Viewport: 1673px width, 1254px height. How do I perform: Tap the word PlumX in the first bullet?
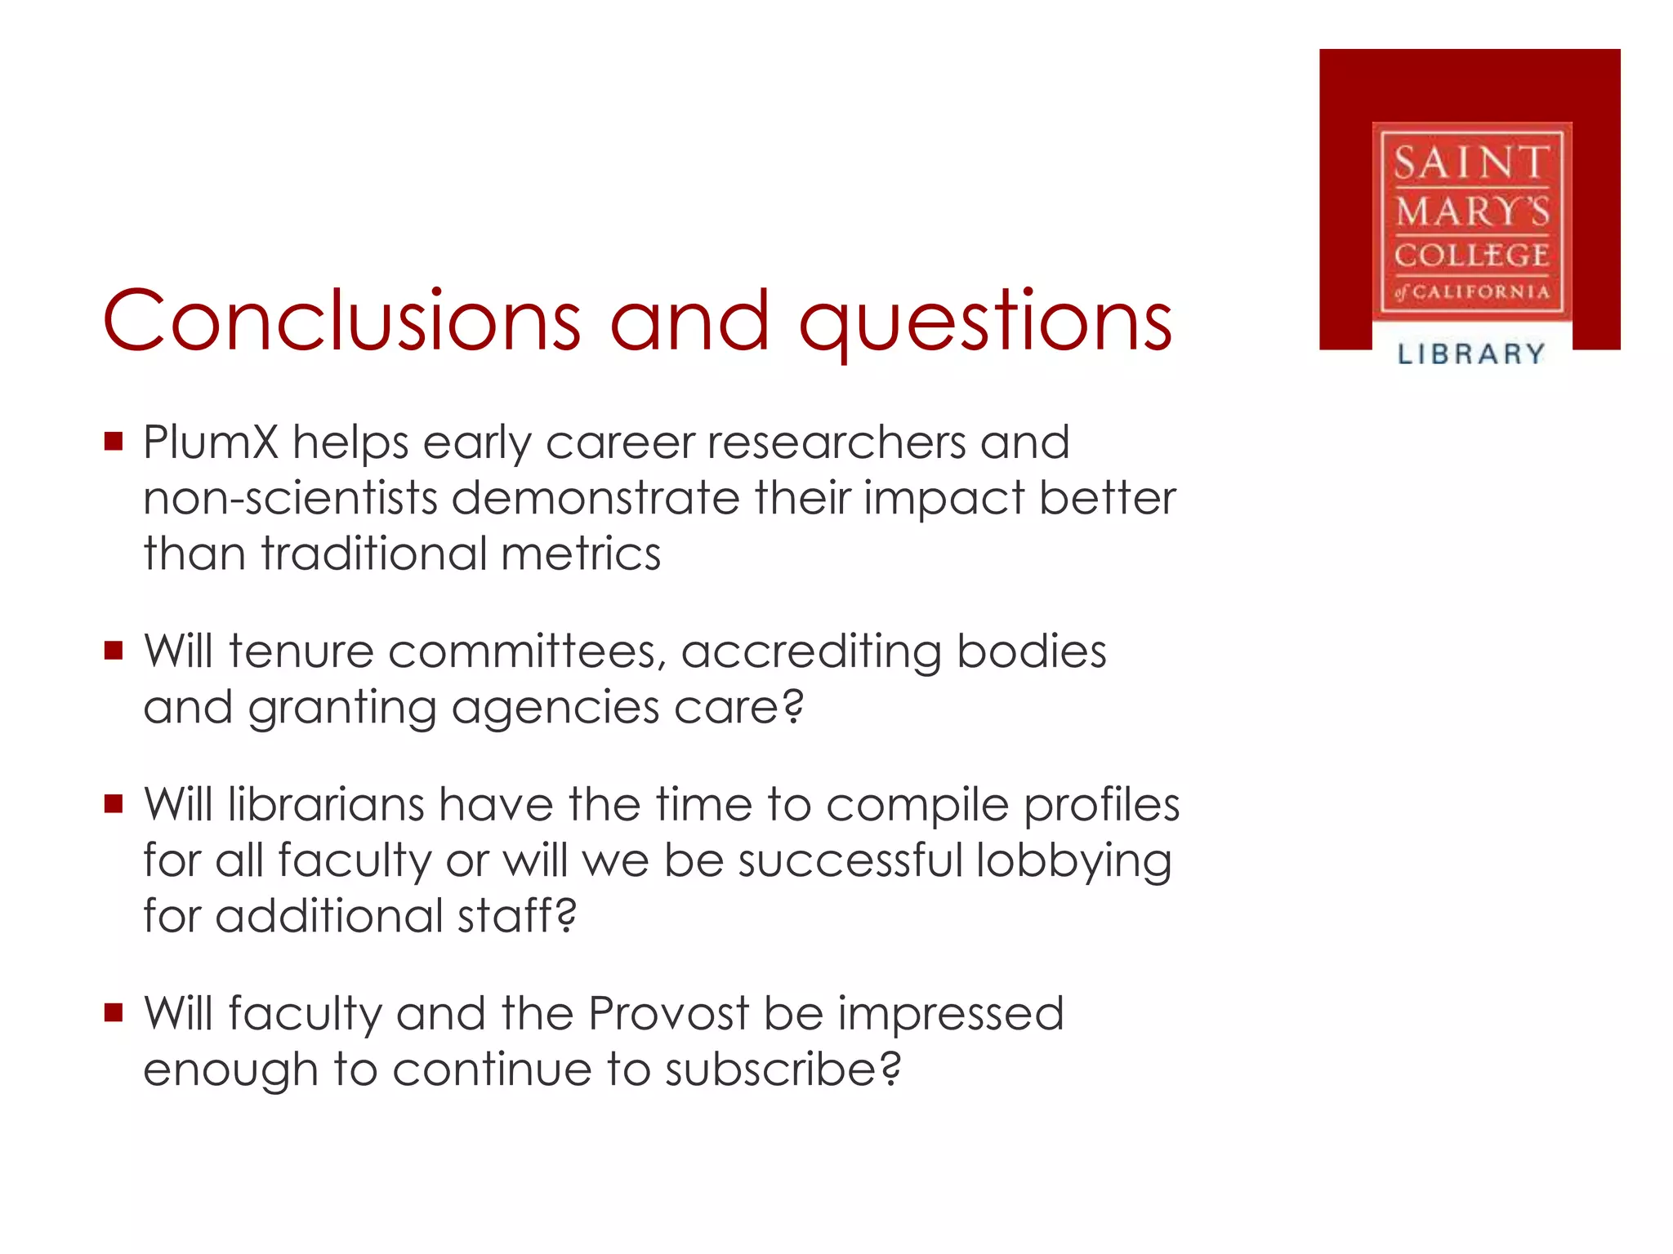(211, 442)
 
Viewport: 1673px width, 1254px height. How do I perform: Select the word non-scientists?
(291, 498)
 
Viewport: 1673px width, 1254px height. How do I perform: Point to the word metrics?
(580, 554)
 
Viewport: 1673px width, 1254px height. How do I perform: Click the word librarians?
(326, 805)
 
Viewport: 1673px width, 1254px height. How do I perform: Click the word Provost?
(668, 1014)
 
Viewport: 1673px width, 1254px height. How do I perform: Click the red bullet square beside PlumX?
(114, 442)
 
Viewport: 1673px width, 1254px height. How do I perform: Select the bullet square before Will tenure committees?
(114, 651)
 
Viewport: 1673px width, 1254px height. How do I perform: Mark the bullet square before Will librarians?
(114, 805)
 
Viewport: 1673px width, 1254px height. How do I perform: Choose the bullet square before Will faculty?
(114, 1014)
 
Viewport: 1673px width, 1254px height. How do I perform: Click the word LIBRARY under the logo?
(1470, 354)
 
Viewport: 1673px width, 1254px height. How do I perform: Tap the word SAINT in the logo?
(1470, 162)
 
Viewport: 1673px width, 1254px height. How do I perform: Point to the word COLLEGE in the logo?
(1470, 255)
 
